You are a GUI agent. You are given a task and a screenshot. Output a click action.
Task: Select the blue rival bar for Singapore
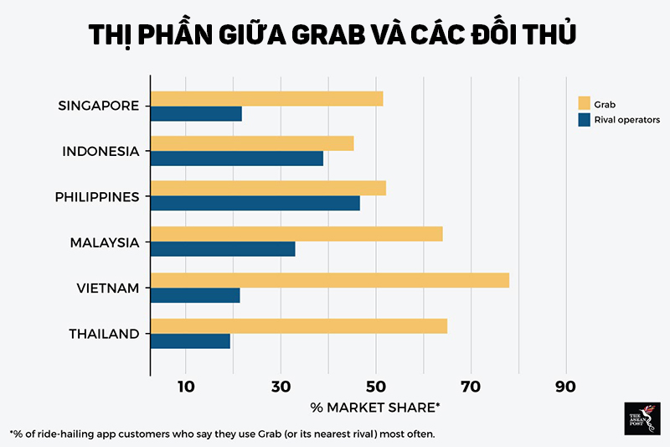196,114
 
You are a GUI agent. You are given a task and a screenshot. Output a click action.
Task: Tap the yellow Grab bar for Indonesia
251,143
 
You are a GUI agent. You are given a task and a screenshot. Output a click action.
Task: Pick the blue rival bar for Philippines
255,204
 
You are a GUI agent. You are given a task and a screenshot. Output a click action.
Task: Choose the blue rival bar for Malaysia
223,249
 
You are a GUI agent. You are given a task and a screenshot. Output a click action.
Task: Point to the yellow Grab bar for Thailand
298,326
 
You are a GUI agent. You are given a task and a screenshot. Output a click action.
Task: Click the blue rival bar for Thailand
190,341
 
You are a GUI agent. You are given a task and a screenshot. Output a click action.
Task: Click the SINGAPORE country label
98,106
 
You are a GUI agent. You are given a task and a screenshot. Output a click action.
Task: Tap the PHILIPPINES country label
96,197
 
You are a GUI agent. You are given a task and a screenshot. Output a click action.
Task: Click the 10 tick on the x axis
186,387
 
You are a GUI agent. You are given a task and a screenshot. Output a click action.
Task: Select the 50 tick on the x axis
376,387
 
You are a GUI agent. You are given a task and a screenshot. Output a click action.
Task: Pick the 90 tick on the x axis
566,387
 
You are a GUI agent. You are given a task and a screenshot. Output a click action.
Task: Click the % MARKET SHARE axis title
374,408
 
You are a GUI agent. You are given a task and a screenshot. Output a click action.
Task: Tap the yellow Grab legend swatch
585,103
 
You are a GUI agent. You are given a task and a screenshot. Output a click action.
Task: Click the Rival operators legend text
627,120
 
